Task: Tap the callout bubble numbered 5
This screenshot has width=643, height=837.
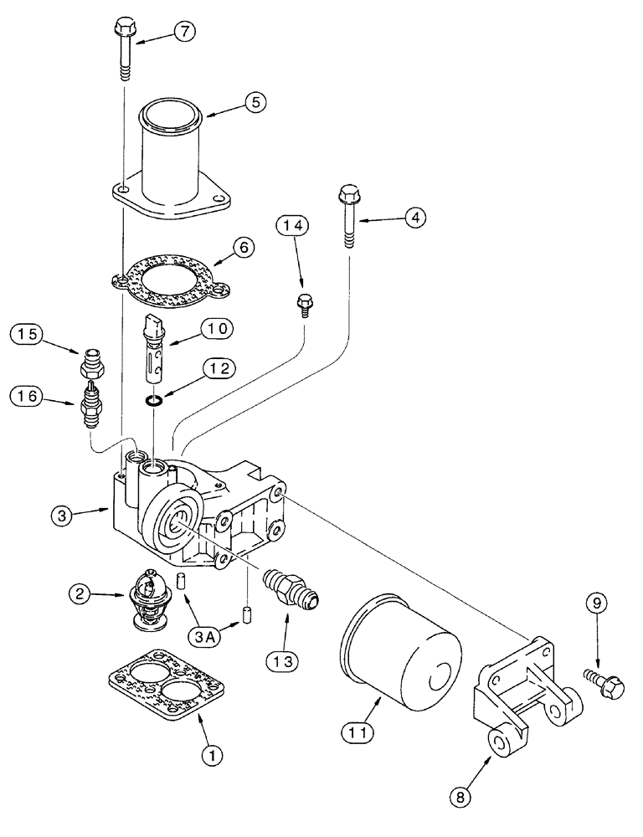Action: click(x=255, y=101)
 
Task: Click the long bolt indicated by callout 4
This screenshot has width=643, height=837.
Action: click(x=347, y=216)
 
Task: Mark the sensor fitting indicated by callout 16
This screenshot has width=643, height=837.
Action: click(x=90, y=403)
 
